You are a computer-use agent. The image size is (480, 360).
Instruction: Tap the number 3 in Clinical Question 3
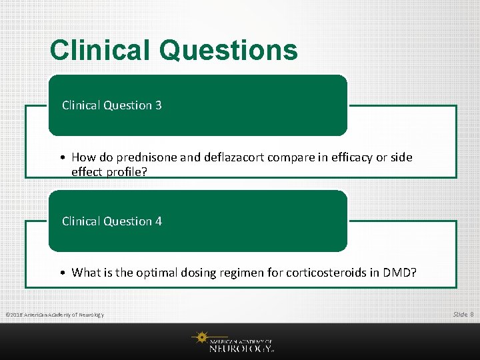click(158, 105)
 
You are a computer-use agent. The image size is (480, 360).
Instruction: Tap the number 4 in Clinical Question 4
click(158, 221)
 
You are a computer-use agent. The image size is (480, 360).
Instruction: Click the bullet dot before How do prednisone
click(61, 158)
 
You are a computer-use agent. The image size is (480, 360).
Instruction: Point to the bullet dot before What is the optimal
click(61, 272)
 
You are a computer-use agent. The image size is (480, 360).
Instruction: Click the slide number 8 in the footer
click(472, 314)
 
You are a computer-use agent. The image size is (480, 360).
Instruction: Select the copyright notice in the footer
click(55, 315)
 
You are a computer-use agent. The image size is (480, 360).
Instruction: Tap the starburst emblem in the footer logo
click(200, 338)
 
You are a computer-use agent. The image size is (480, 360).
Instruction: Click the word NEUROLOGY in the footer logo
click(240, 348)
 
